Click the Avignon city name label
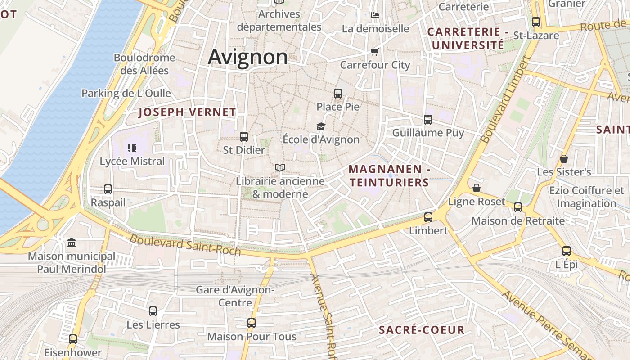[x=248, y=57]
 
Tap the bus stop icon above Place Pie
[x=337, y=94]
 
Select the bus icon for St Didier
[x=244, y=136]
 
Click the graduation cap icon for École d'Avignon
[x=321, y=126]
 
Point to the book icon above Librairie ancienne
[x=280, y=168]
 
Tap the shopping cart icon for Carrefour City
[x=374, y=52]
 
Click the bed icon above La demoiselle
[x=375, y=15]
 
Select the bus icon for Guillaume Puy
[x=427, y=120]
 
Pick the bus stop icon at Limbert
[x=428, y=217]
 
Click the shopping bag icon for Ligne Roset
[x=477, y=188]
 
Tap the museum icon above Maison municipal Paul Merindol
[x=72, y=243]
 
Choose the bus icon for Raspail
[x=108, y=189]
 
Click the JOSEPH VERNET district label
[x=187, y=112]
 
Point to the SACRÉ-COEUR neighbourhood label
[x=422, y=330]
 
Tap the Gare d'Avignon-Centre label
[x=235, y=296]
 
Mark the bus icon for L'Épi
[x=566, y=251]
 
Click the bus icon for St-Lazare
[x=535, y=22]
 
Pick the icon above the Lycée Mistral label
[x=132, y=148]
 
